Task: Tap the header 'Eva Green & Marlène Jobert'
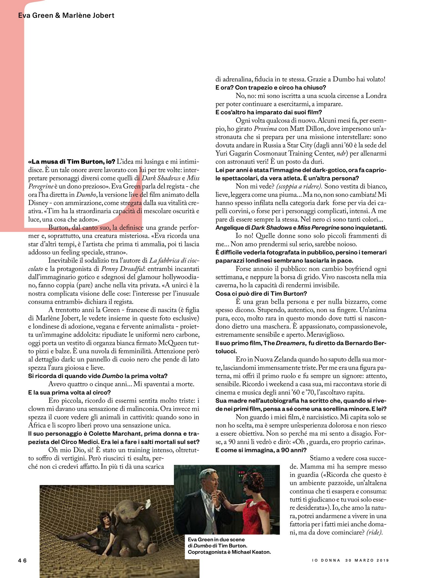66,16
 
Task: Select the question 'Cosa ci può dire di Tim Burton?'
261,294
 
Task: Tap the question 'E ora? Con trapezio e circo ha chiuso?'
271,87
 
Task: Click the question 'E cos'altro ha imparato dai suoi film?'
269,112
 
